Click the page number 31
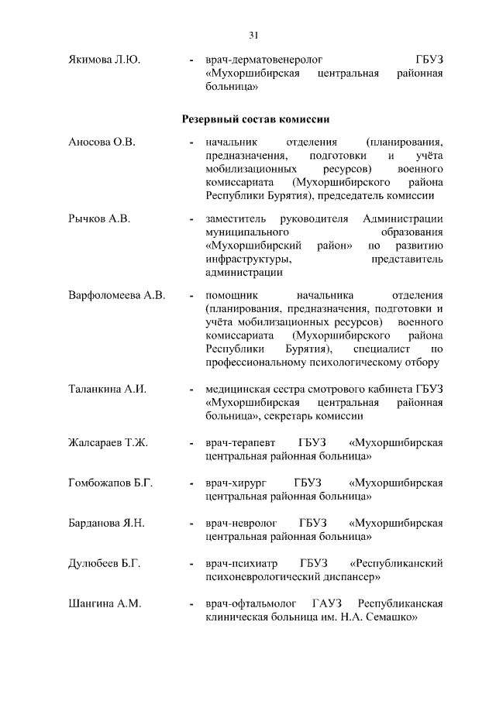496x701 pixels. pyautogui.click(x=253, y=35)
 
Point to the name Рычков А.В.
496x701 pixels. pyautogui.click(x=99, y=219)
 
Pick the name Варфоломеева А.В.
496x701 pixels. pyautogui.click(x=117, y=296)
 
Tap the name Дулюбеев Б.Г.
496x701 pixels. pyautogui.click(x=104, y=565)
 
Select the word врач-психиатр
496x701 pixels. pyautogui.click(x=241, y=565)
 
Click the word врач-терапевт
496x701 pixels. pyautogui.click(x=240, y=442)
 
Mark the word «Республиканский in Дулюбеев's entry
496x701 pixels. pyautogui.click(x=397, y=565)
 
